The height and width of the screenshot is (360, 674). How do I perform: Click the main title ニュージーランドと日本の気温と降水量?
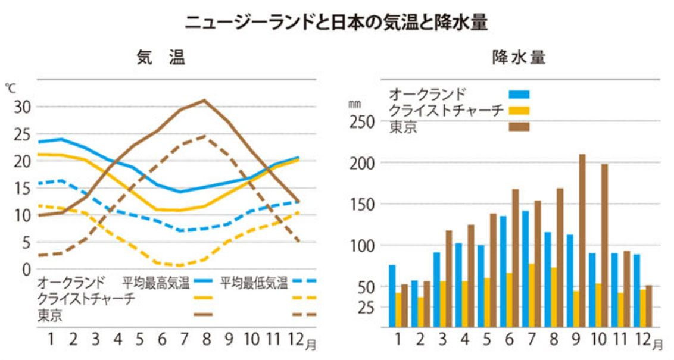(x=336, y=23)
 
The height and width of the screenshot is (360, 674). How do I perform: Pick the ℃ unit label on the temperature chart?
(x=11, y=87)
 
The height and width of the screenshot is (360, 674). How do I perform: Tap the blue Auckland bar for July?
(x=525, y=268)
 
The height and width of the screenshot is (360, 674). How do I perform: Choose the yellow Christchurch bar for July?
(x=532, y=295)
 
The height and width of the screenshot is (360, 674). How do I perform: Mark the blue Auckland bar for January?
(x=392, y=296)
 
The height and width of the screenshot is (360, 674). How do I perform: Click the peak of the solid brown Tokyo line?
(x=205, y=100)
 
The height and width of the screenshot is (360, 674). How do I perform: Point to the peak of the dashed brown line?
(x=205, y=136)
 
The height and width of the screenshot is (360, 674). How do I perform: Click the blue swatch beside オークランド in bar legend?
(x=519, y=94)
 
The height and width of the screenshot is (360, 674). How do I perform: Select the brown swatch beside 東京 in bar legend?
(x=519, y=126)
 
